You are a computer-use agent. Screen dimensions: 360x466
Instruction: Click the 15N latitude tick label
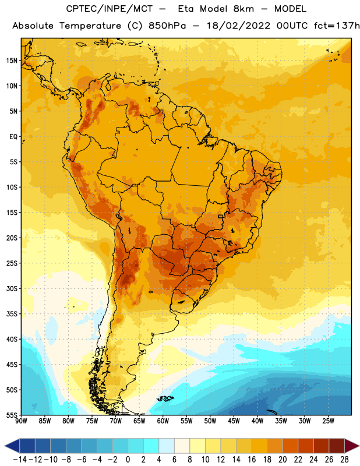tap(12, 61)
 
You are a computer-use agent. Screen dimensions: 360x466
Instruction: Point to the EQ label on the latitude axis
tap(13, 137)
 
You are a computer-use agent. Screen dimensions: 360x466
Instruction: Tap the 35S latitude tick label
tap(12, 314)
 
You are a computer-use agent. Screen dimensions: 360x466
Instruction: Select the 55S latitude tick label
tap(12, 415)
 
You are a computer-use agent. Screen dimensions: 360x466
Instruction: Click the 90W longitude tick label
tap(21, 421)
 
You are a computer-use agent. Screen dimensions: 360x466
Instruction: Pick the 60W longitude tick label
tap(163, 421)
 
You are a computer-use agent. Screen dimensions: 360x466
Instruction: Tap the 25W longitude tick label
tap(328, 421)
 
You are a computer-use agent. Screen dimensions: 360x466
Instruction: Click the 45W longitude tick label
tap(234, 421)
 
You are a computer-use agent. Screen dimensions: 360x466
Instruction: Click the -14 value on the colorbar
tap(20, 460)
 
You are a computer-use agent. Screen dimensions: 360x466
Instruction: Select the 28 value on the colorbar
tap(344, 460)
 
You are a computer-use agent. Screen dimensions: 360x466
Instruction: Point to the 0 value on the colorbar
tap(128, 460)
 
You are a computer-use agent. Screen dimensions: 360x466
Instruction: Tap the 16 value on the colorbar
tap(252, 460)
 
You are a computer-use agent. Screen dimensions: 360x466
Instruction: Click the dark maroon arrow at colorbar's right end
tap(352, 446)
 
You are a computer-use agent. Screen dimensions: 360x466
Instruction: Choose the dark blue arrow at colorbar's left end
tap(12, 446)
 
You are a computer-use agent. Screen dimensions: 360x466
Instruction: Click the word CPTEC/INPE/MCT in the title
tap(110, 9)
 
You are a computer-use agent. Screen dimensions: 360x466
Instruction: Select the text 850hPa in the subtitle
tap(167, 26)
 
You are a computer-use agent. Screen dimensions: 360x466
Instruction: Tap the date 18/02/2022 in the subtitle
tap(239, 26)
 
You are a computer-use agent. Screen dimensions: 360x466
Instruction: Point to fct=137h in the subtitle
tap(337, 26)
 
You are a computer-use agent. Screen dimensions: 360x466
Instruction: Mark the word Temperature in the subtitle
tap(90, 26)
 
